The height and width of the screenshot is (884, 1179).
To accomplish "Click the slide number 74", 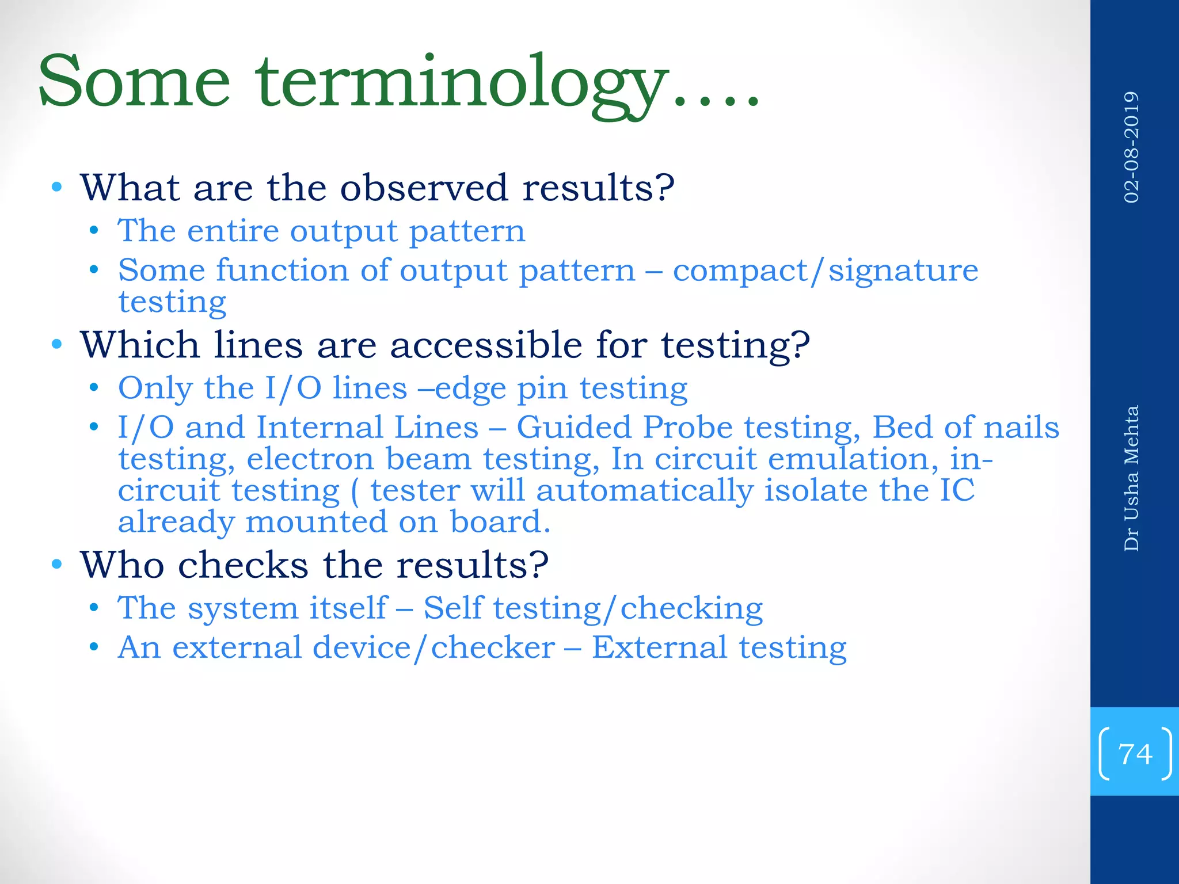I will pyautogui.click(x=1135, y=754).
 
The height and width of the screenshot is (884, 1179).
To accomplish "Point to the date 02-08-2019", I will pyautogui.click(x=1131, y=147).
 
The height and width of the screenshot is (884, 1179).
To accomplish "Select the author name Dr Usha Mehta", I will pyautogui.click(x=1131, y=478).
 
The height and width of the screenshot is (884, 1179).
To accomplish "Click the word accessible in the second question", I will pyautogui.click(x=486, y=345).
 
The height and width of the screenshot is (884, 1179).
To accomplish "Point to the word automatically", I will pyautogui.click(x=644, y=491).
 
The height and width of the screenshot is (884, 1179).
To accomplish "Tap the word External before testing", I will pyautogui.click(x=659, y=647).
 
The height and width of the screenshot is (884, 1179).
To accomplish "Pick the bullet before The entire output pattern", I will pyautogui.click(x=94, y=231).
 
